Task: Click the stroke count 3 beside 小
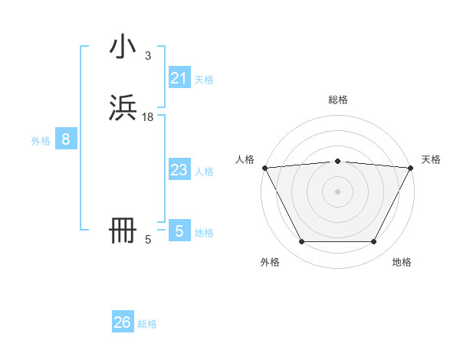[x=147, y=56]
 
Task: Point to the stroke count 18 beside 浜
[x=148, y=116]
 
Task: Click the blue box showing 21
[x=179, y=78]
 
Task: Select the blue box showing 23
[x=179, y=170]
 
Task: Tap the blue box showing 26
[x=123, y=322]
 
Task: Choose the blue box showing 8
[x=66, y=139]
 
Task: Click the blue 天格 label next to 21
[x=204, y=80]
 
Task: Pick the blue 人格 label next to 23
[x=204, y=172]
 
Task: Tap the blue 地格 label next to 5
[x=204, y=233]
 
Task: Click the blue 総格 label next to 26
[x=147, y=324]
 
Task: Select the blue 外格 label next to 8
[x=41, y=141]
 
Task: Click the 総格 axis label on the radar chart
[x=338, y=100]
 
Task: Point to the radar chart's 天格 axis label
[x=432, y=159]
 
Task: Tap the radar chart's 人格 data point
[x=264, y=167]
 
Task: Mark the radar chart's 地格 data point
[x=373, y=242]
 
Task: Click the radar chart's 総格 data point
[x=338, y=161]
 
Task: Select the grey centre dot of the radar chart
[x=338, y=191]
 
